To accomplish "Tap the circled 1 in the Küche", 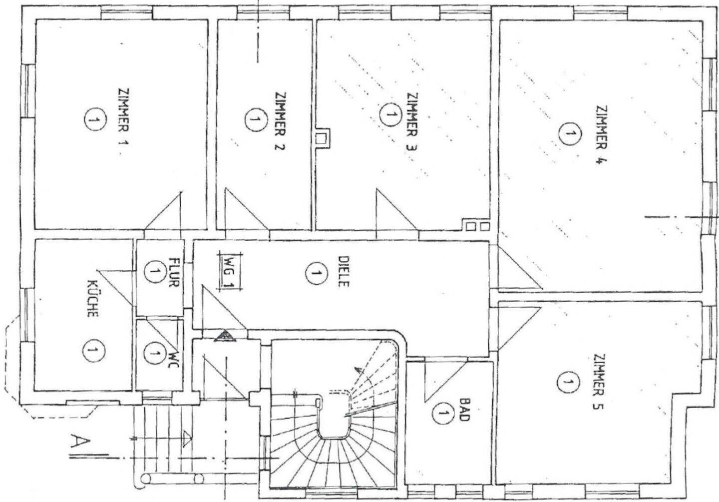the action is point(93,350).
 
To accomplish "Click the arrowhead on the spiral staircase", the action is point(358,370).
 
